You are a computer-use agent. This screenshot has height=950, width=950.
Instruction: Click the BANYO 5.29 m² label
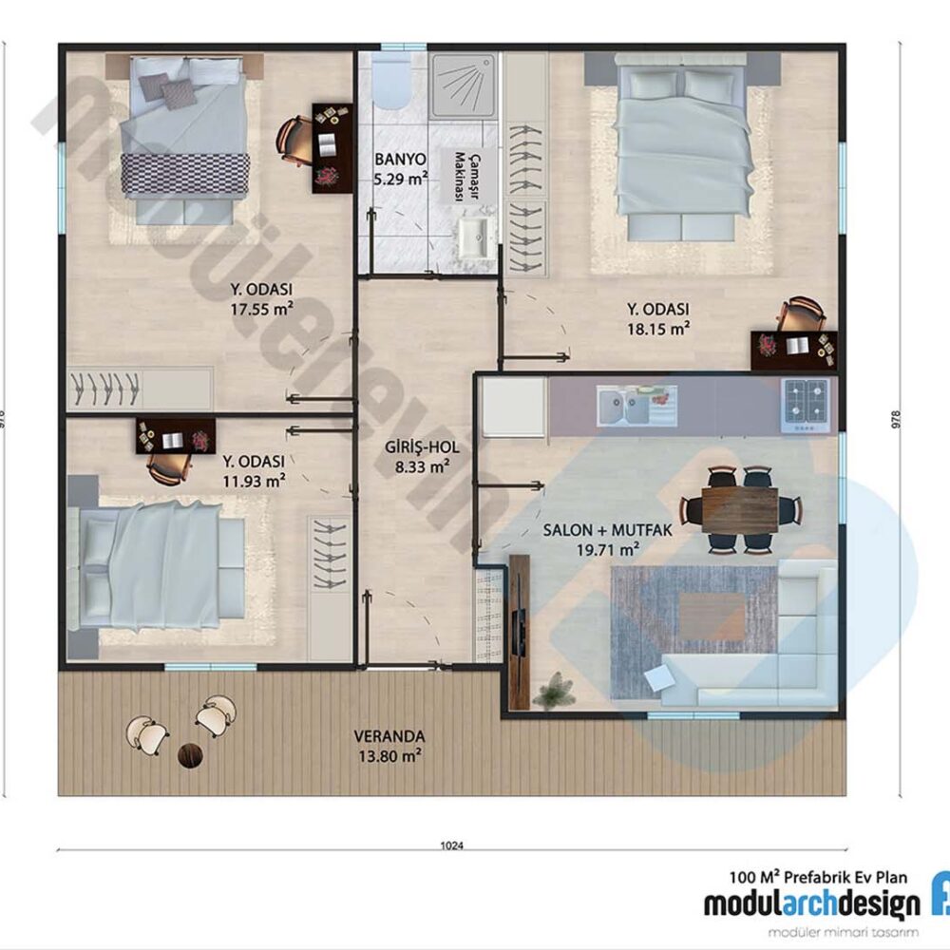coord(400,166)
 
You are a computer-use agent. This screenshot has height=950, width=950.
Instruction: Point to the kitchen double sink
coord(636,406)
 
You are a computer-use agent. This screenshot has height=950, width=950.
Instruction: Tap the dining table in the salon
coord(740,510)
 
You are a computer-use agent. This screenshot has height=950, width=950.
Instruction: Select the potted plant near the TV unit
coord(553,691)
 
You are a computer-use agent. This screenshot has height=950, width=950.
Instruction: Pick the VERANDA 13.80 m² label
coord(389,746)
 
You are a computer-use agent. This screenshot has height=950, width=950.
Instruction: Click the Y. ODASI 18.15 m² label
coord(657,319)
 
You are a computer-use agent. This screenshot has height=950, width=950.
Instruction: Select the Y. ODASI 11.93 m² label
coord(254,471)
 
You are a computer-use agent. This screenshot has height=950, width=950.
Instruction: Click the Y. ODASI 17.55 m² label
coord(260,298)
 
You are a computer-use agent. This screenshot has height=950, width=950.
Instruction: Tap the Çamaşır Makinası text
coord(461,176)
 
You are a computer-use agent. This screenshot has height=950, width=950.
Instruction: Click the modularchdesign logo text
coord(811,903)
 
